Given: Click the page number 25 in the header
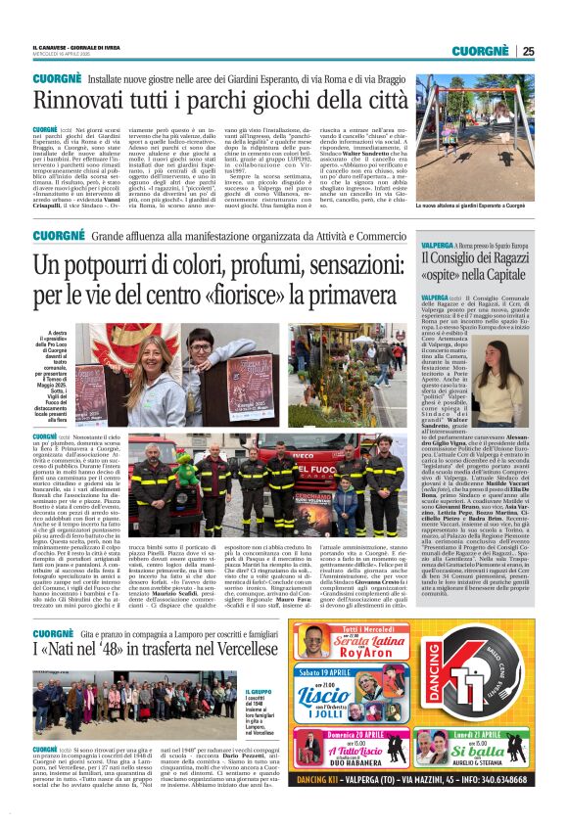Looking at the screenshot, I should (528, 51).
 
